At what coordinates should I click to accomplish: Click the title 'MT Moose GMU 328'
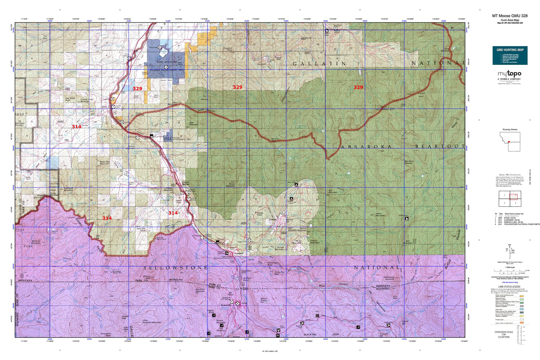click(x=510, y=16)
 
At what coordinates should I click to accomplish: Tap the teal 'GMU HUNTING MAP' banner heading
click(x=510, y=50)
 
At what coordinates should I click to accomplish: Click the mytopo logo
click(x=509, y=74)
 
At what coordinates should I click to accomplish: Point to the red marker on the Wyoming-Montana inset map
click(x=509, y=142)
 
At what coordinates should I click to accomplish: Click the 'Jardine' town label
click(x=273, y=219)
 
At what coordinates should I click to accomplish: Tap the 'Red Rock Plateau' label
click(x=409, y=162)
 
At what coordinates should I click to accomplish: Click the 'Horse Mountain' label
click(x=380, y=214)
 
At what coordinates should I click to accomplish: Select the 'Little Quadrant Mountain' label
click(x=152, y=321)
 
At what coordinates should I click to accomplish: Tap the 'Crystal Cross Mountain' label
click(x=87, y=100)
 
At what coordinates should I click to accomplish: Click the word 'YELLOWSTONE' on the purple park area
click(x=175, y=268)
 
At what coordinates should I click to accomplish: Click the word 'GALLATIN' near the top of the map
click(x=320, y=64)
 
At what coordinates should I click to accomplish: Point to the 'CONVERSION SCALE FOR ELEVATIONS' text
click(x=504, y=334)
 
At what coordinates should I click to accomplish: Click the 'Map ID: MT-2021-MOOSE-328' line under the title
click(x=510, y=23)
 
